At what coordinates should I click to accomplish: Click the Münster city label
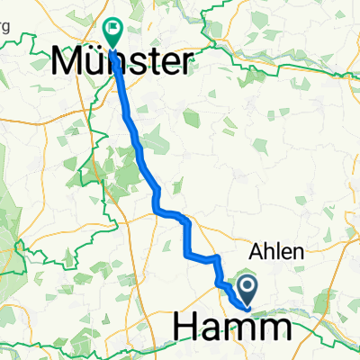point(121,63)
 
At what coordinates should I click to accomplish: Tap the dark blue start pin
point(245,290)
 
